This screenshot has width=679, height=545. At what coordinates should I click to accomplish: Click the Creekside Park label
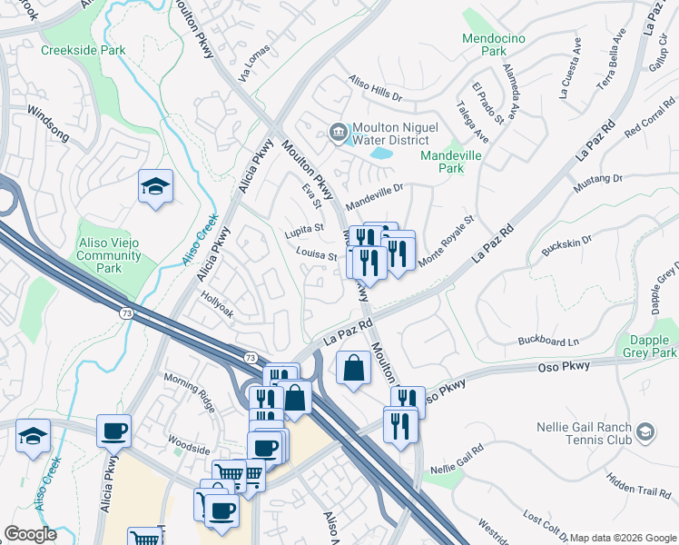tap(84, 50)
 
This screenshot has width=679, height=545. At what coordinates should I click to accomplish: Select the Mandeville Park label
tap(449, 162)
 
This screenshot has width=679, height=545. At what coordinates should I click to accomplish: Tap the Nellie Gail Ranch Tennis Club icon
tap(645, 430)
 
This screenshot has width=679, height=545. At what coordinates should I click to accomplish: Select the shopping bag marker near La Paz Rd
tap(353, 369)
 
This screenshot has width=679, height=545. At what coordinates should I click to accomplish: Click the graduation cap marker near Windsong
tap(155, 187)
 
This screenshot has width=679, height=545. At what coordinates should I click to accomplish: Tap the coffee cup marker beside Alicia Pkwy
tap(113, 431)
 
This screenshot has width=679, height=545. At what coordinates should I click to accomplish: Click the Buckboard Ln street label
tap(548, 342)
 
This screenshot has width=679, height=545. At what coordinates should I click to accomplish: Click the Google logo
tap(30, 534)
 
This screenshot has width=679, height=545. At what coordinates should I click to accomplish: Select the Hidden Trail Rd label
tap(639, 488)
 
